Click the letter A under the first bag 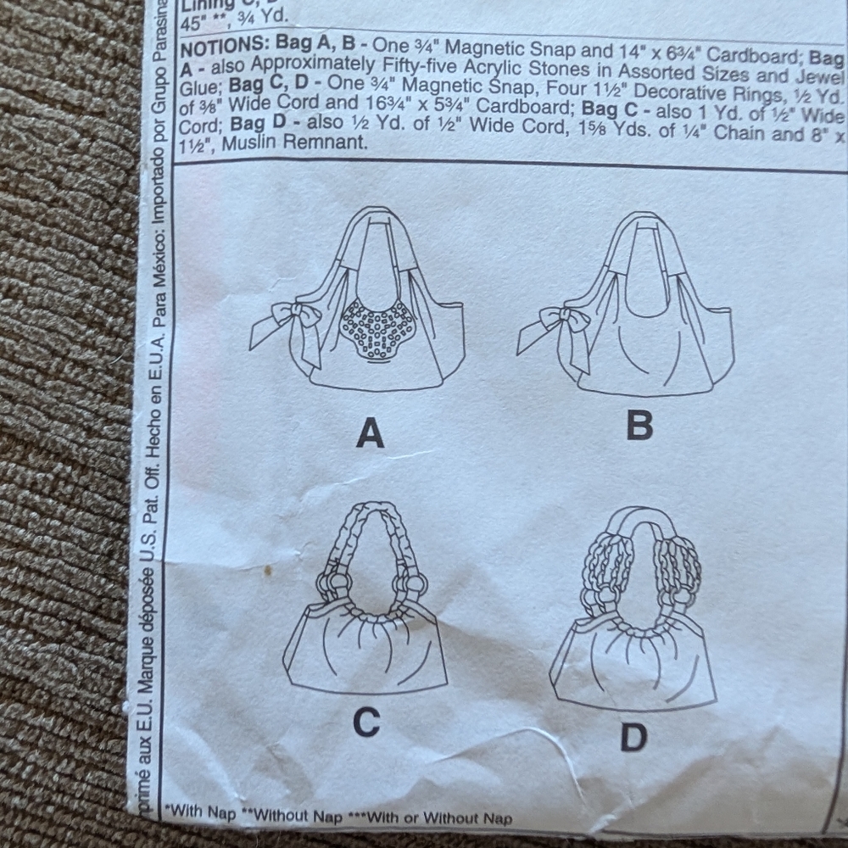(x=370, y=434)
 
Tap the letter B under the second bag (x=639, y=426)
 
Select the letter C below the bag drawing (x=365, y=722)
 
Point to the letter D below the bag (x=633, y=736)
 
